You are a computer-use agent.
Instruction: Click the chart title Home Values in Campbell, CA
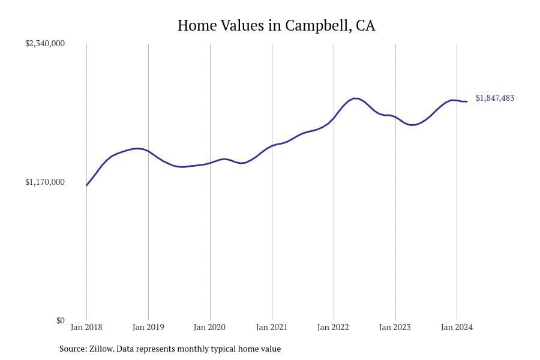[276, 26]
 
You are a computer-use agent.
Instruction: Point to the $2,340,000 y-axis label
[45, 43]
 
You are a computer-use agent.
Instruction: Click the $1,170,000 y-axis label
[45, 182]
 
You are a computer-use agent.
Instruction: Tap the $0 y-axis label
[60, 320]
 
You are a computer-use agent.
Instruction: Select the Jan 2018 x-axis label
[86, 327]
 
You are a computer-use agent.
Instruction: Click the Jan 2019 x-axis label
[148, 327]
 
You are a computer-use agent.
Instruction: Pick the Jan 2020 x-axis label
[210, 327]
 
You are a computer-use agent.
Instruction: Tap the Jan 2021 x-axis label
[272, 327]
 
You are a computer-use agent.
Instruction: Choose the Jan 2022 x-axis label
[334, 327]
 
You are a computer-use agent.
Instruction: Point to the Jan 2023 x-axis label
[395, 327]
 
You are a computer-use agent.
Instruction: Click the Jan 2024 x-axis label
[457, 327]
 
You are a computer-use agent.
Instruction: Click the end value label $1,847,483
[495, 98]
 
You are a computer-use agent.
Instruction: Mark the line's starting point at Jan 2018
[86, 185]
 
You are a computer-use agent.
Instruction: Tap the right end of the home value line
[467, 101]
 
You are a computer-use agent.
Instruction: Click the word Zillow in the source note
[101, 349]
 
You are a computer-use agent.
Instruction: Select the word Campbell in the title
[318, 26]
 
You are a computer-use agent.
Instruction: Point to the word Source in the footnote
[72, 349]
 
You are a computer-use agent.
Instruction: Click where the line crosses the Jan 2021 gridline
[272, 145]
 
